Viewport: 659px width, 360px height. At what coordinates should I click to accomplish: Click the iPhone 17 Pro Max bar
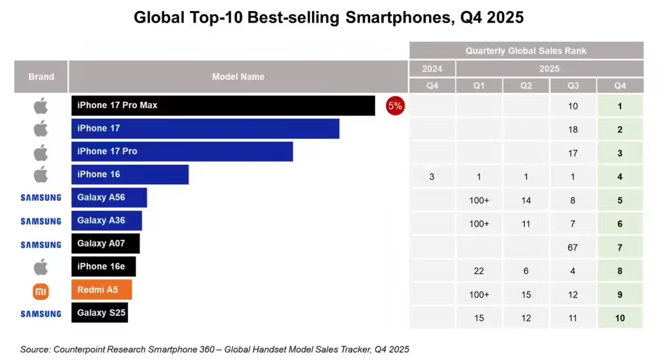pos(223,106)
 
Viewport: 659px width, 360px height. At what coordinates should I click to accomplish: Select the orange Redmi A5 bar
pos(102,290)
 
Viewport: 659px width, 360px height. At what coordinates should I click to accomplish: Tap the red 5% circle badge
pos(394,106)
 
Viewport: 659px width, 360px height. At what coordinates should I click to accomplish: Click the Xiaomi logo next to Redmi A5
pos(41,292)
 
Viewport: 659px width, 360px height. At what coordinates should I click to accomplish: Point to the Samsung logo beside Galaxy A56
pos(41,198)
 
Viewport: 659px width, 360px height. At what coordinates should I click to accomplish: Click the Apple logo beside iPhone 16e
pos(41,267)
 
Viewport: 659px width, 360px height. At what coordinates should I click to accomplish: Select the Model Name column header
pos(238,77)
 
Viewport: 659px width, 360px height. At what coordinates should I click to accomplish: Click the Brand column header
pos(41,77)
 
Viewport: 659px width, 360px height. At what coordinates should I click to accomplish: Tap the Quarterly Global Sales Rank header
pos(526,51)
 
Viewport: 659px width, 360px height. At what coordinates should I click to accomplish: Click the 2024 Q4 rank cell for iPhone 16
pos(432,176)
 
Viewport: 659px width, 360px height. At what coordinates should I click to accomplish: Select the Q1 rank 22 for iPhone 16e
pos(479,271)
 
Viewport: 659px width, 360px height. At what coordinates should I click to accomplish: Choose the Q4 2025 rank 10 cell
pos(620,317)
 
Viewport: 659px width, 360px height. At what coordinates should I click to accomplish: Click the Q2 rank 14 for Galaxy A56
pos(526,200)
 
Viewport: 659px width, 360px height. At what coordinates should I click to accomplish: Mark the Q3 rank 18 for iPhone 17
pos(573,129)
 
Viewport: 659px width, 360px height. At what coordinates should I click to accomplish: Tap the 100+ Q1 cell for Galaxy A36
pos(479,223)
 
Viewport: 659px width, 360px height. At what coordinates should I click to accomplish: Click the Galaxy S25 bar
pos(99,313)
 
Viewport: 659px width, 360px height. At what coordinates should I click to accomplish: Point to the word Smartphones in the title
pos(399,17)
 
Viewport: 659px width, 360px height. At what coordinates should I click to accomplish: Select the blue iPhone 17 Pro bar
pos(182,152)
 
